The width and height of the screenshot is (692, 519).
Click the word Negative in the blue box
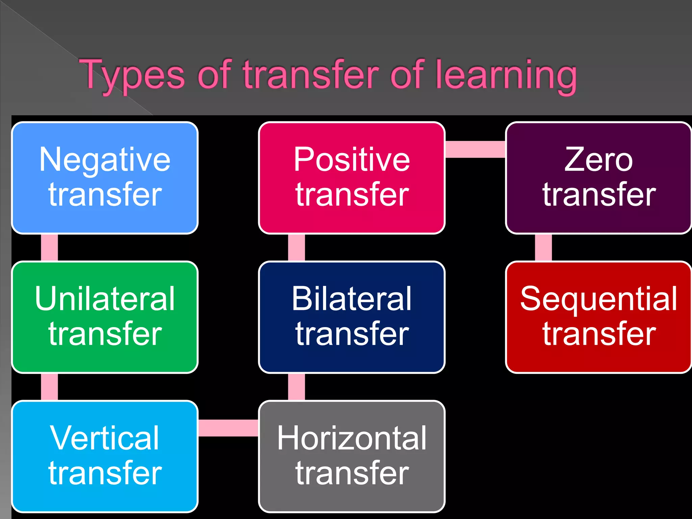105,160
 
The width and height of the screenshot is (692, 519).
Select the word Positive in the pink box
352,160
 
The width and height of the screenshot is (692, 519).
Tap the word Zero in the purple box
598,160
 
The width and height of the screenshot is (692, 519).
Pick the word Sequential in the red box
598,299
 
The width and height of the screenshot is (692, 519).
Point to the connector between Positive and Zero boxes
475,149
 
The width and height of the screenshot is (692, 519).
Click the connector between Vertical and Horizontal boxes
228,428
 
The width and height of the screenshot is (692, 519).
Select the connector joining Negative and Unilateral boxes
49,247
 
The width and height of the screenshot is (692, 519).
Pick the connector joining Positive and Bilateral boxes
296,247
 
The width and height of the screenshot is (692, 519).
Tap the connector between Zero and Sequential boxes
543,247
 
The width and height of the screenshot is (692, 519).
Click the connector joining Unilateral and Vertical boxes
49,387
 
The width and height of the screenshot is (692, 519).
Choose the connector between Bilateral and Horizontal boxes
296,387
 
